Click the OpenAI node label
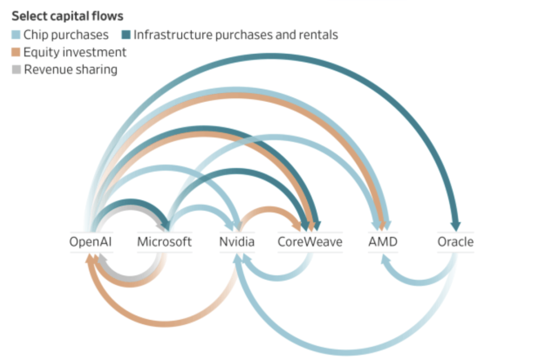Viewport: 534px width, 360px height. [91, 242]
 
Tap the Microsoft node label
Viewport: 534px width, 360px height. [164, 242]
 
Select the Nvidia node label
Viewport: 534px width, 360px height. [237, 242]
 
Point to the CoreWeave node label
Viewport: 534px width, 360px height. [310, 242]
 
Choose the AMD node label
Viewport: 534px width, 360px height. [383, 242]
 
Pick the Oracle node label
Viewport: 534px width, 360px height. [455, 242]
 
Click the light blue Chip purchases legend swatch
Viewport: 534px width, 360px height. [16, 35]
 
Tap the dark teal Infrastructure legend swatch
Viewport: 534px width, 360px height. [126, 35]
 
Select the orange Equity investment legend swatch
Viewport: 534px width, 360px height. [16, 52]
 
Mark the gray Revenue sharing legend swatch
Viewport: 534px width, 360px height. [16, 70]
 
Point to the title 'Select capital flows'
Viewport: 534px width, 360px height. [67, 16]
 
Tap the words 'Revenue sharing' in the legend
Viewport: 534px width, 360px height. [71, 70]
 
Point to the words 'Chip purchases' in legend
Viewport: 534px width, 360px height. [66, 35]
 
